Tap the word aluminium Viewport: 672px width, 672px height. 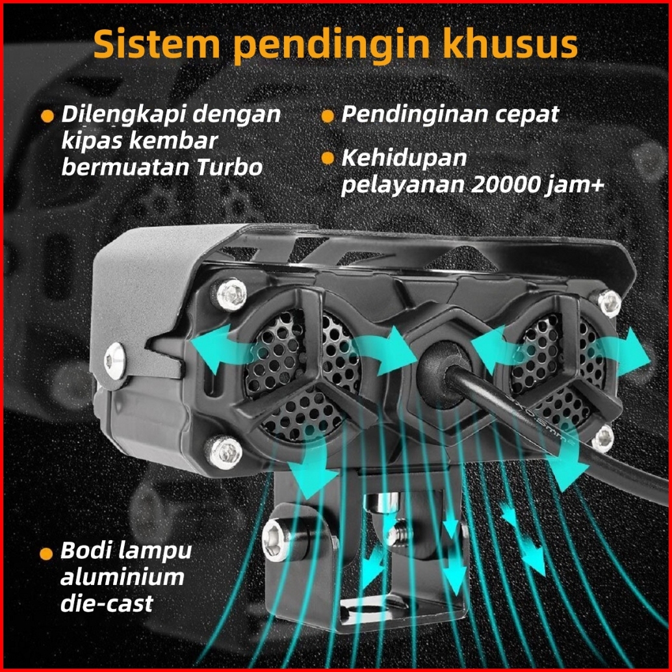click(x=122, y=576)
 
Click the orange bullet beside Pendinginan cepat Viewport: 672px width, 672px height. click(x=328, y=116)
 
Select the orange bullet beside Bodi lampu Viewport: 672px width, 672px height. click(x=46, y=554)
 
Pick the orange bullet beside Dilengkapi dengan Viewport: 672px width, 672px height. click(x=47, y=116)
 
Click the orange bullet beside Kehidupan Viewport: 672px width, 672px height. click(x=328, y=159)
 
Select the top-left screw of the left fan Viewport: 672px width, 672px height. click(x=229, y=294)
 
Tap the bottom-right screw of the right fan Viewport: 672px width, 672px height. click(x=603, y=439)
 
